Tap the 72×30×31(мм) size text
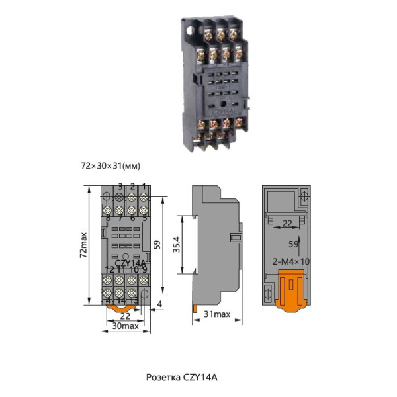point(110,165)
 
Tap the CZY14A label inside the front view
point(130,263)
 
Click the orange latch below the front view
point(122,307)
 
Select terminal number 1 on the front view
point(144,187)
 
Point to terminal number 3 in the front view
point(120,187)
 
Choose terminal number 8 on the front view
point(108,218)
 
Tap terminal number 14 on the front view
point(120,300)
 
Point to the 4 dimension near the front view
point(160,304)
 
